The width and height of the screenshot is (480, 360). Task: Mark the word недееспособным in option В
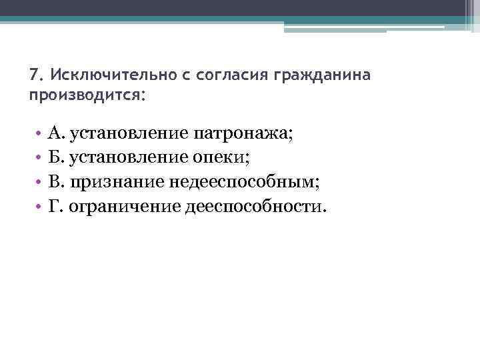[x=243, y=181]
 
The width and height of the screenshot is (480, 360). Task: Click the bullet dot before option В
[x=39, y=181]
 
